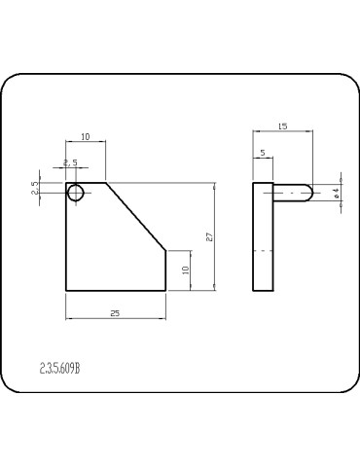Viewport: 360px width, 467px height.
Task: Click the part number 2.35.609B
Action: (x=60, y=368)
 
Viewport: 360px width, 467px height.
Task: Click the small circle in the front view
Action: (x=75, y=193)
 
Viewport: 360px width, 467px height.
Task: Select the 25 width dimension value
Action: (x=115, y=312)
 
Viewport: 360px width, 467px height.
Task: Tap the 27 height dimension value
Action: (x=208, y=236)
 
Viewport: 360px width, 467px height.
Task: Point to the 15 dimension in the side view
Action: (x=282, y=126)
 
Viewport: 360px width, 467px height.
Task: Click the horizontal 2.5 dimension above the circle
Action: (x=70, y=162)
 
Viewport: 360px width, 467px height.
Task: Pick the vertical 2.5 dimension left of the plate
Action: (x=35, y=189)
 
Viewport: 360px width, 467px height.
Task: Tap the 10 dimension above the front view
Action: (x=86, y=138)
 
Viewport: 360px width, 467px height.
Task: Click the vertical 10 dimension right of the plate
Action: (x=184, y=269)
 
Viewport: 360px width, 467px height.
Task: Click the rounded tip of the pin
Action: (x=308, y=193)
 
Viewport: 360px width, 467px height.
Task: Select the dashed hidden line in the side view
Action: (x=264, y=251)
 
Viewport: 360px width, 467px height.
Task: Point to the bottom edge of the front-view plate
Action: (x=115, y=290)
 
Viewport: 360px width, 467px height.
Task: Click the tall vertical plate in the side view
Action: (x=264, y=236)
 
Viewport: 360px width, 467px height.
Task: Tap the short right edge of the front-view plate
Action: (x=165, y=269)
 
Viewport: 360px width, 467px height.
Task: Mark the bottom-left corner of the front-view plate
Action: (x=66, y=290)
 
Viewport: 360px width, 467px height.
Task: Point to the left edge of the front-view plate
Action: (x=66, y=243)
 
